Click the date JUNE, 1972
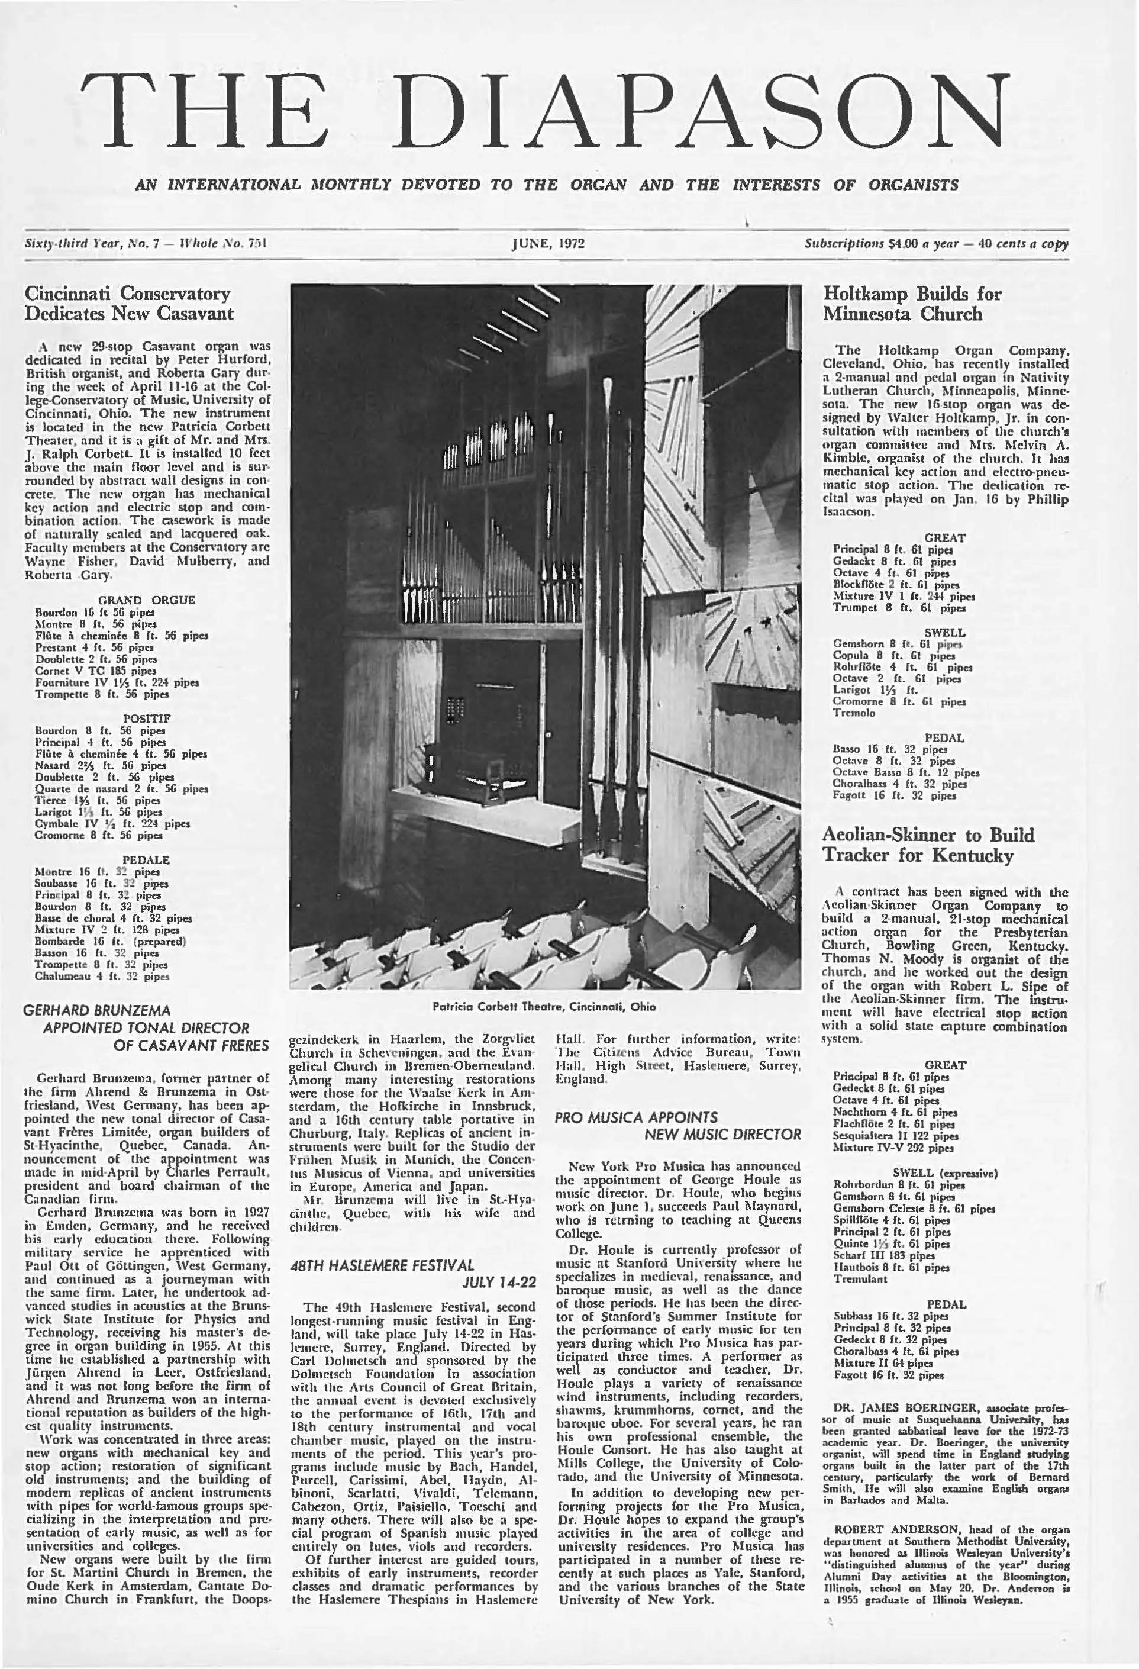[x=547, y=243]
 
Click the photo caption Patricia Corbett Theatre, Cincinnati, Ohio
[x=544, y=1006]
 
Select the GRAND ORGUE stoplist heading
[x=147, y=600]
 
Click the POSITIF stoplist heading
[x=147, y=718]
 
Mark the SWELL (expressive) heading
[x=944, y=1174]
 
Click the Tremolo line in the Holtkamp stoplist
[x=854, y=713]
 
